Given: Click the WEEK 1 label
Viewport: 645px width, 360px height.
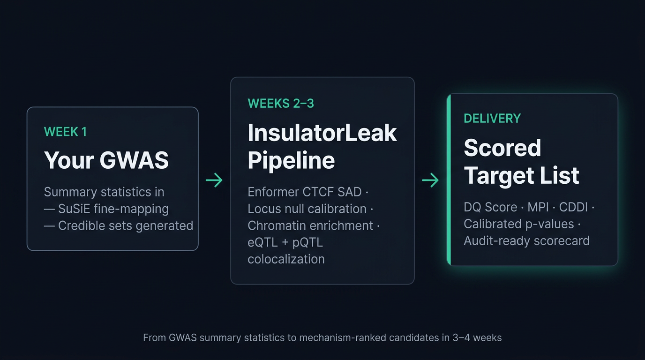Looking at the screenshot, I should tap(65, 132).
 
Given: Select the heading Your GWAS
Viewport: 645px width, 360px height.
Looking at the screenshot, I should tap(106, 160).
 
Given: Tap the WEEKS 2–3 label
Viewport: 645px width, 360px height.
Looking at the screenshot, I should tap(281, 104).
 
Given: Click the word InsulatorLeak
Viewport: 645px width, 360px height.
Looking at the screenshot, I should tap(322, 133).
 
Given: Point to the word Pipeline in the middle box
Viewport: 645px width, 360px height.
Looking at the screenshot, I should tap(291, 160).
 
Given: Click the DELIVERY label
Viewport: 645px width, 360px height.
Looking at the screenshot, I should tap(492, 119).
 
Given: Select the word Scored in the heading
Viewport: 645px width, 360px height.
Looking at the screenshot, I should tap(502, 148).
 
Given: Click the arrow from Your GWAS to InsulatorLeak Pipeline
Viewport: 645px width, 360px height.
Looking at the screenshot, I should tap(214, 180).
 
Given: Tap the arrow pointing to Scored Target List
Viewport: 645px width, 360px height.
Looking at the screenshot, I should tap(430, 180).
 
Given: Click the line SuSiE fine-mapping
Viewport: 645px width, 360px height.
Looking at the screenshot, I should tap(113, 209).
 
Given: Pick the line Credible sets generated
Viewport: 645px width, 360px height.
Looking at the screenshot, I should tap(125, 225).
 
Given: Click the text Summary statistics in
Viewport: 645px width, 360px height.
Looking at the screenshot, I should tap(104, 192).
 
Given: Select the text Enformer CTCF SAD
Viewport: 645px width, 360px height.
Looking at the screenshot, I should tap(305, 192).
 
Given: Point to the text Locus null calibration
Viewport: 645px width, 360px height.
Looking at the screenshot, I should tap(307, 209).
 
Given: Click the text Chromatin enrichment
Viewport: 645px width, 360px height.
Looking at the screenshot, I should tap(310, 225).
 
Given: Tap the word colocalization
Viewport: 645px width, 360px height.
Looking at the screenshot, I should tap(286, 259).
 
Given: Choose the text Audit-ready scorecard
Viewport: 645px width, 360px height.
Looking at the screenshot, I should tap(526, 241).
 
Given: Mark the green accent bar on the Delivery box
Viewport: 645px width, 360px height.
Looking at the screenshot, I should tap(449, 180).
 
